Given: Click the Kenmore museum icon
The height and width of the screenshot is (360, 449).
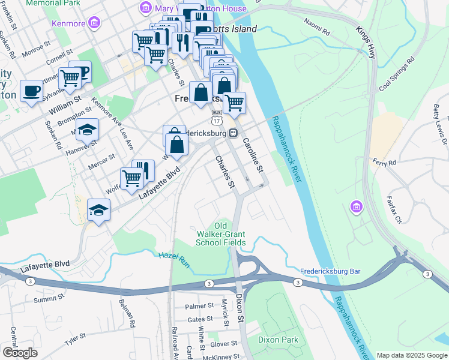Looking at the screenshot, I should pos(93,23).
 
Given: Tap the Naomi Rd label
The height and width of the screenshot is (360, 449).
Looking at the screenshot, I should pos(318,27).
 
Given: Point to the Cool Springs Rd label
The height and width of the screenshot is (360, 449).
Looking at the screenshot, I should pos(397,74).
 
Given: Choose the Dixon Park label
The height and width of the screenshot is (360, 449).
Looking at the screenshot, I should pos(278,340).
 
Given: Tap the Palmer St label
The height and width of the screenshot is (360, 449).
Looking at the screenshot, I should pos(199,306).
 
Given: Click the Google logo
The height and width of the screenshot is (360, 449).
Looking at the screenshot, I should pos(20,353).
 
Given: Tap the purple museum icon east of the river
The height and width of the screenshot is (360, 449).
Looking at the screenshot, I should pos(356,208).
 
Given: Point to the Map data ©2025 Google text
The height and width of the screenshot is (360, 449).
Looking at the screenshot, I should pos(411,355).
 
